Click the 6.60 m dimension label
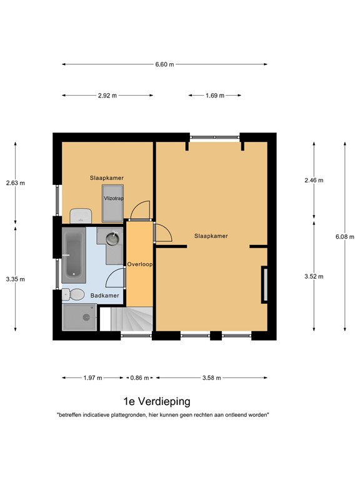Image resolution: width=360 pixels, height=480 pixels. (164, 64)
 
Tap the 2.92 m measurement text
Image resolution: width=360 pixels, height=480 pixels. (107, 96)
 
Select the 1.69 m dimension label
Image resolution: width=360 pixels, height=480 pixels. (215, 96)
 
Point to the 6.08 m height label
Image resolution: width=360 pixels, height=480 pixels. (345, 237)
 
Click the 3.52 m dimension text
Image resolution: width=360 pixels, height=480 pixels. (314, 276)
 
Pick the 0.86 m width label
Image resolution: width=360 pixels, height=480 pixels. (139, 377)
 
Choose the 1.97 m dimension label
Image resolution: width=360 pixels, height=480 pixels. (92, 377)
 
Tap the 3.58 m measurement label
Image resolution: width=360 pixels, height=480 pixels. (211, 377)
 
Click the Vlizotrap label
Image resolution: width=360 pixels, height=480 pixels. (114, 198)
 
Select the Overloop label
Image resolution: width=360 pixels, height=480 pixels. (140, 264)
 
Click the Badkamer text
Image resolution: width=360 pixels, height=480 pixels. (105, 296)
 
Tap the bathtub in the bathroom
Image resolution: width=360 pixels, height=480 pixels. (74, 255)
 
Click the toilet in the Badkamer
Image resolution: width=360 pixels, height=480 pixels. (73, 294)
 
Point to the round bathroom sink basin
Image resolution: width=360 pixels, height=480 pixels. (112, 239)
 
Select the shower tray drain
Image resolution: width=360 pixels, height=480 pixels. (86, 317)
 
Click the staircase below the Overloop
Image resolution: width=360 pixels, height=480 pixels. (132, 319)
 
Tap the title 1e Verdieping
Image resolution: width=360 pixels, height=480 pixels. (157, 401)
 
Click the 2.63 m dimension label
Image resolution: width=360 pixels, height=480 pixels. (15, 183)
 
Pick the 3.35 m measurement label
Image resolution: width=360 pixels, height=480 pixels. (15, 279)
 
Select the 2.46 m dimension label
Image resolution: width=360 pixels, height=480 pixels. (314, 180)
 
